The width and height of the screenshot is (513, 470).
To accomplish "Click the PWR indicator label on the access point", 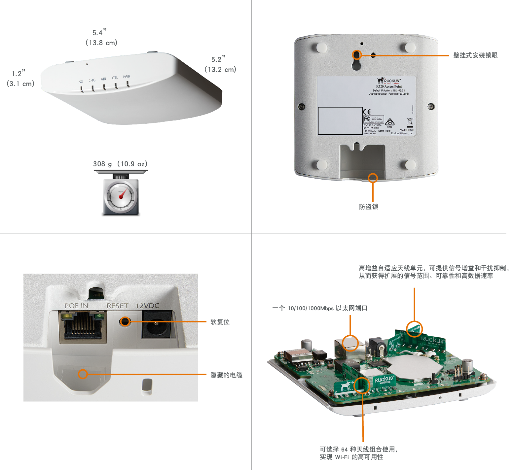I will (127, 77).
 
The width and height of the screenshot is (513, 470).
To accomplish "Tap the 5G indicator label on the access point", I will (81, 82).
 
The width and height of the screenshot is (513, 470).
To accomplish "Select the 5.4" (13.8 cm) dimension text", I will (101, 37).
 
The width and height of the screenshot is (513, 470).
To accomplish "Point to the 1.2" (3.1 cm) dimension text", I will (20, 79).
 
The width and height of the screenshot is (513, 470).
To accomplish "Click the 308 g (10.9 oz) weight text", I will (120, 164).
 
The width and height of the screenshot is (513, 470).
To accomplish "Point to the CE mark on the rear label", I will (367, 112).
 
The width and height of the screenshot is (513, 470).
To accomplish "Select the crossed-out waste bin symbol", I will (410, 121).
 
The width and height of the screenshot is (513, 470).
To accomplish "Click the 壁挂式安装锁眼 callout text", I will (475, 55).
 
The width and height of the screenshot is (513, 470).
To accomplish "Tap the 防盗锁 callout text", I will (368, 207).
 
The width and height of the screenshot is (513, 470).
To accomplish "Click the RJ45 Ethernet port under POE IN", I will (83, 326).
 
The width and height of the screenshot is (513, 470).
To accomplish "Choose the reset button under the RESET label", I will (125, 321).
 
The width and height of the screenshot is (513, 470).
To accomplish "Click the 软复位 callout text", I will (220, 322).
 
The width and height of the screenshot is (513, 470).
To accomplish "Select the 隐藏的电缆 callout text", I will (226, 375).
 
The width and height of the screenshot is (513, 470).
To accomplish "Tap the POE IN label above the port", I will (76, 306).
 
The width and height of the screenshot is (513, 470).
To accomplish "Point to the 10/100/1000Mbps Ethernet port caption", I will (319, 308).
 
